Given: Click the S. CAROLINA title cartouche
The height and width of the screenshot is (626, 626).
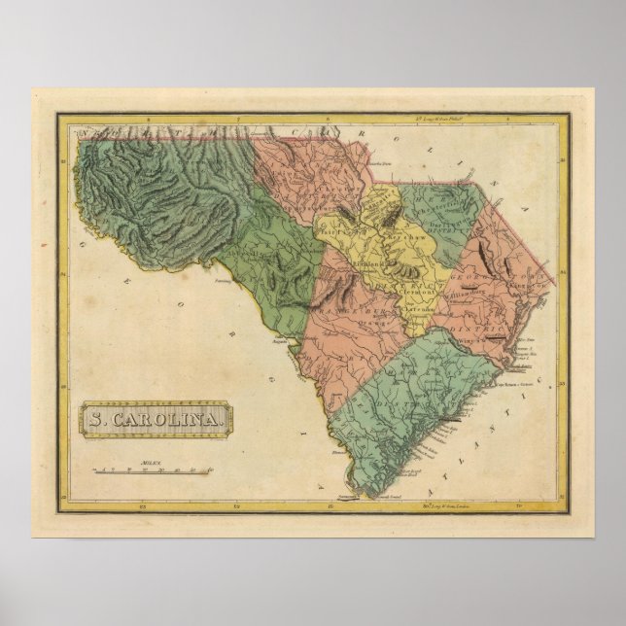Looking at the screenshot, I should pyautogui.click(x=156, y=420).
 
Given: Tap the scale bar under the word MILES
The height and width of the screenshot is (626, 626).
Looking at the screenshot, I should pyautogui.click(x=152, y=472).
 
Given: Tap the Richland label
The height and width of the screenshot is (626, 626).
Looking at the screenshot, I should pyautogui.click(x=369, y=263).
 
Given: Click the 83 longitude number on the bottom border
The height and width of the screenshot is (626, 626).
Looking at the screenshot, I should pyautogui.click(x=143, y=505).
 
